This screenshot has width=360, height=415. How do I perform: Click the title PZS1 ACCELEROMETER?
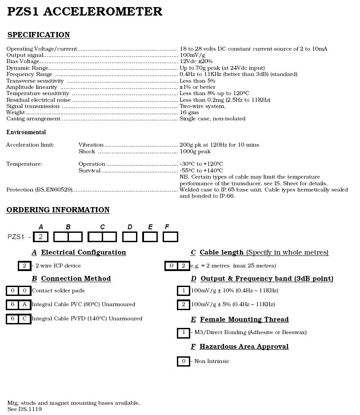[84, 12]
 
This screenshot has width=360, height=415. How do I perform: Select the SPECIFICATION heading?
[39, 35]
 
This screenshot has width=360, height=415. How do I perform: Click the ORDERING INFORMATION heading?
[58, 210]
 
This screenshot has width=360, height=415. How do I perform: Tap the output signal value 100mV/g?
[192, 55]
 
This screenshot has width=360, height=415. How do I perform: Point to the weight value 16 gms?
[189, 112]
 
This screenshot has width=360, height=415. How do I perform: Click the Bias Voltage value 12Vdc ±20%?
[196, 61]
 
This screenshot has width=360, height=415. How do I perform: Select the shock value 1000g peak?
[195, 152]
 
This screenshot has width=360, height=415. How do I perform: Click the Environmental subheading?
[26, 132]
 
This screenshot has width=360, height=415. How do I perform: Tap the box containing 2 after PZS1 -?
[40, 237]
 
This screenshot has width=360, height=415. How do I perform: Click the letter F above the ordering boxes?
[167, 227]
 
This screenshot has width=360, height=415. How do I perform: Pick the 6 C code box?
[18, 319]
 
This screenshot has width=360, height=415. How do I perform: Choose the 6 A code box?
[18, 305]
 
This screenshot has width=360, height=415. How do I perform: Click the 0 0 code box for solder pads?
[18, 291]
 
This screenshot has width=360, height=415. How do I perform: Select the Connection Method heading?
[76, 279]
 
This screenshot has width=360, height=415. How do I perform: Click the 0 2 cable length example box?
[177, 266]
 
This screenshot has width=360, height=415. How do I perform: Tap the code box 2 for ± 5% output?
[183, 305]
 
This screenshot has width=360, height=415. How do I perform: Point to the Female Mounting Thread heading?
[244, 319]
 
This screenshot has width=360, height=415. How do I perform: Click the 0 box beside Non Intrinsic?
[183, 361]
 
